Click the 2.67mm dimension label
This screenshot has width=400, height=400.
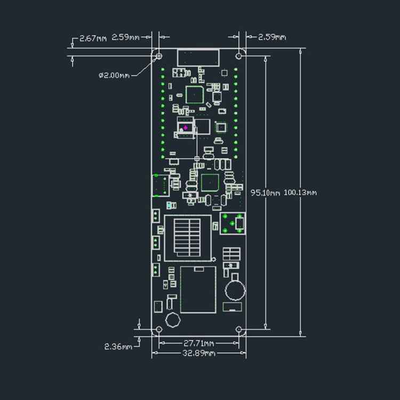93,38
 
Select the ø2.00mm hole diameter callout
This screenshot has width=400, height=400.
114,75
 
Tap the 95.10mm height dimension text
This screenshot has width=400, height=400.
265,193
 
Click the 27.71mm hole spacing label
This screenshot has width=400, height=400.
198,343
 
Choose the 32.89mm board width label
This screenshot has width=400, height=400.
198,353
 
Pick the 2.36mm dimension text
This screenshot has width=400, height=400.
117,347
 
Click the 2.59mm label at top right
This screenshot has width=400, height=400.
271,37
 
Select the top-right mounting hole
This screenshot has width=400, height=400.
239,55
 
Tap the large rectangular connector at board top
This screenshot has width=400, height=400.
198,57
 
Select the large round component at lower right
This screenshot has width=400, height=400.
234,291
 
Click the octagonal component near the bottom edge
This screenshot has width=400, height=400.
172,321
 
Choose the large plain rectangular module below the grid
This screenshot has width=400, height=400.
198,289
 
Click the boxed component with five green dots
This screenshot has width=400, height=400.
234,223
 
